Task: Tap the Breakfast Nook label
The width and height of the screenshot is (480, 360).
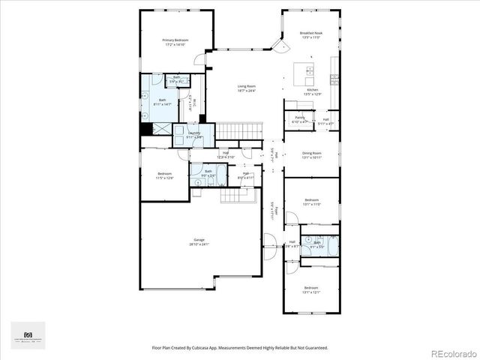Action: (x=311, y=35)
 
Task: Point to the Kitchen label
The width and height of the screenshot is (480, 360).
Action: (x=312, y=91)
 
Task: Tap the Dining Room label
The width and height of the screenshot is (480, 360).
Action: (x=311, y=155)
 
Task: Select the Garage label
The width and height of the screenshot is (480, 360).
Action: (x=199, y=241)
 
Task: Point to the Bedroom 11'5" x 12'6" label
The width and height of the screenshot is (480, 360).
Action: (x=164, y=175)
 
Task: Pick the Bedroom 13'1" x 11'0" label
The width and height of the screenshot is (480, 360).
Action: (x=312, y=202)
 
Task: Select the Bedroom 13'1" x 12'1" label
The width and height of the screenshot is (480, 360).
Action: (x=311, y=289)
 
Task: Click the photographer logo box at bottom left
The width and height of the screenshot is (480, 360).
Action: (x=28, y=335)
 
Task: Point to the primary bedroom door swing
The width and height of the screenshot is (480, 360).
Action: (x=196, y=59)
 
